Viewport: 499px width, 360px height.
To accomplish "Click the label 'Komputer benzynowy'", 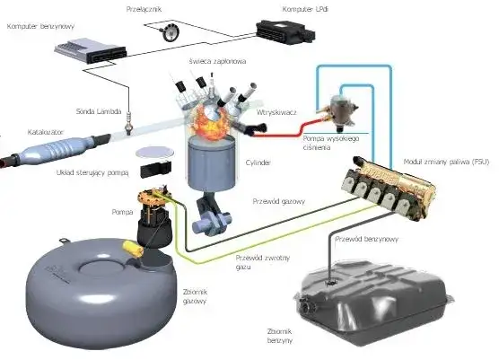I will coord(39,27).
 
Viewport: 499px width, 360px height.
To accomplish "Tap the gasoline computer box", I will coord(88,48).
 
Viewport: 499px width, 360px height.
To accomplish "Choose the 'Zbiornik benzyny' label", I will coord(285,335).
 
